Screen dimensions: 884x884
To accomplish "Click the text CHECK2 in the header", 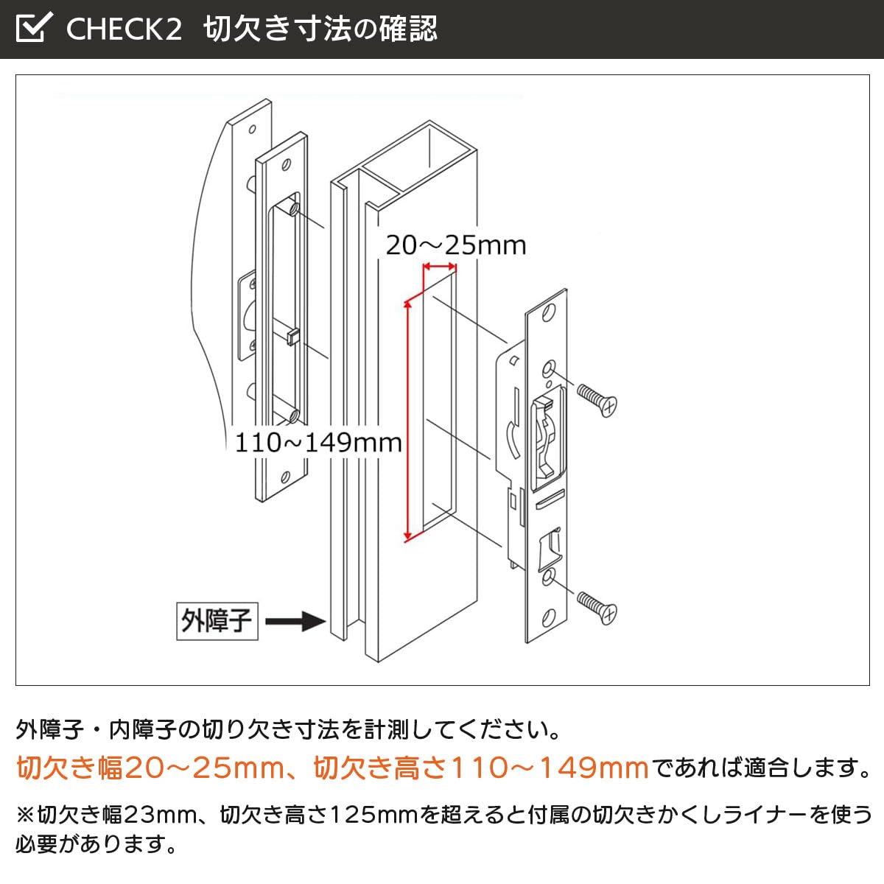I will coord(124,29).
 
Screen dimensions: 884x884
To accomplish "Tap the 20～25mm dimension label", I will coord(456,245).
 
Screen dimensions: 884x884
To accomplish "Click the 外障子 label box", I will coord(217,621).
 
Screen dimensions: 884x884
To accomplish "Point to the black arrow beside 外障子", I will coord(295,622).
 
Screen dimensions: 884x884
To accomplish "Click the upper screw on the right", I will coord(597,400).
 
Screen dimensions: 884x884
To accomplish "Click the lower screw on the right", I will coord(597,607).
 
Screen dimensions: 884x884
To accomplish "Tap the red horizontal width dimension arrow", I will coord(439,267).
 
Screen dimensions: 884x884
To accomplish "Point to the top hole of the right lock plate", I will coord(548,314).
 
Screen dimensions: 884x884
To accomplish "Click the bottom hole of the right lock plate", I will coord(547,615).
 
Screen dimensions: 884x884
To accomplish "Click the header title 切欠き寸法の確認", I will coord(320,29).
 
